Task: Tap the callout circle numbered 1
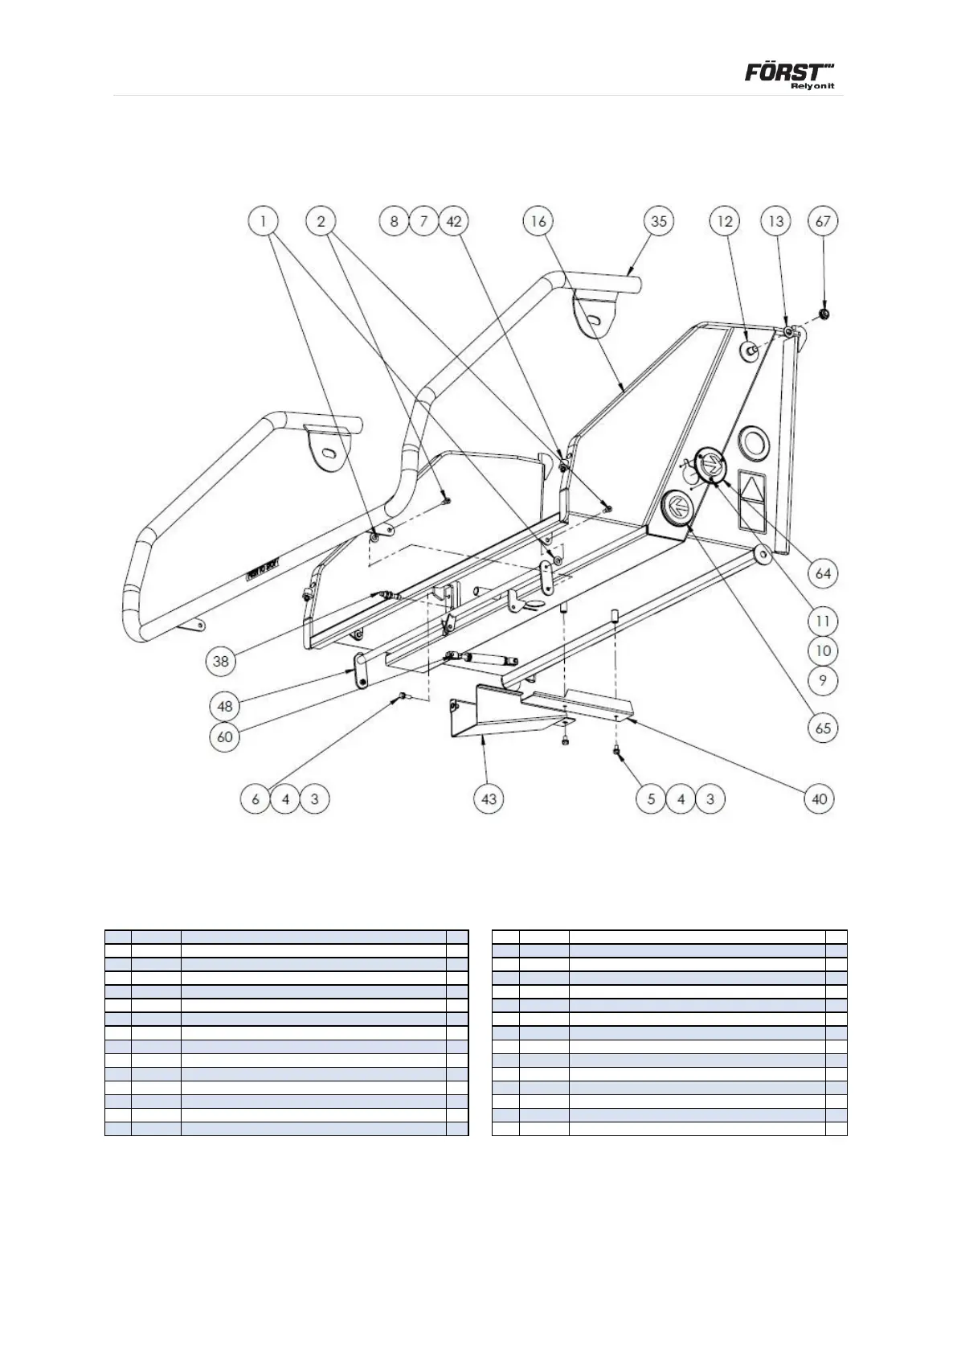click(x=263, y=221)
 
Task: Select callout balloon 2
click(x=321, y=221)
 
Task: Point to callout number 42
click(x=454, y=221)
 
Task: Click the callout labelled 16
click(x=538, y=221)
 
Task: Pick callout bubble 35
click(x=659, y=221)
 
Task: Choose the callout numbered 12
click(x=725, y=221)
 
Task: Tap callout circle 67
click(x=823, y=221)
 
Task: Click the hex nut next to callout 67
click(x=824, y=313)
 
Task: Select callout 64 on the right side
click(x=823, y=574)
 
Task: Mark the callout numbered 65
click(x=823, y=728)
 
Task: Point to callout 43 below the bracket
click(x=489, y=799)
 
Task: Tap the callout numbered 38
click(x=221, y=662)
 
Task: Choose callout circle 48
click(x=226, y=706)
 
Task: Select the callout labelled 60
click(x=226, y=736)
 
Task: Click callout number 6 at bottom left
click(x=256, y=799)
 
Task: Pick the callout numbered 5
click(x=652, y=799)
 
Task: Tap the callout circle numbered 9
click(x=823, y=681)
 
